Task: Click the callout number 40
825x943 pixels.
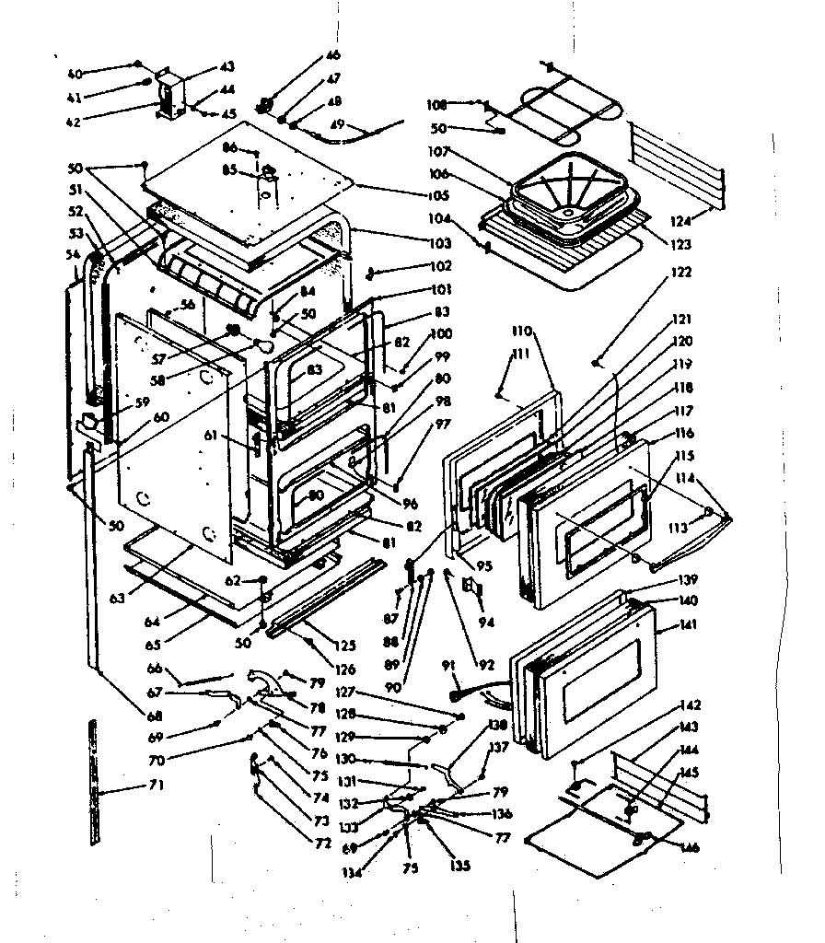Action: (x=75, y=74)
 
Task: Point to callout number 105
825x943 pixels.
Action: (x=439, y=195)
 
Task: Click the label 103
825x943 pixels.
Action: (x=439, y=244)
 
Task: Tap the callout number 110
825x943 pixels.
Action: (x=523, y=330)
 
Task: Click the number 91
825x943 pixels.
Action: (x=449, y=665)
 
